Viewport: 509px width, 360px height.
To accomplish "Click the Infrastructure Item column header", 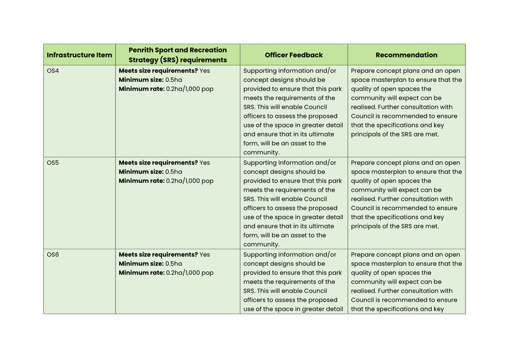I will tap(80, 55).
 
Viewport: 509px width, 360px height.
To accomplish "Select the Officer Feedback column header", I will tap(293, 55).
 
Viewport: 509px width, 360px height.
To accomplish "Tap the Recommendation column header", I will tap(406, 55).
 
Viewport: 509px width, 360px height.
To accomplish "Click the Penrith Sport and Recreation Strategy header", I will tap(178, 55).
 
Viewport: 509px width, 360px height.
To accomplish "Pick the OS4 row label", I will tap(53, 71).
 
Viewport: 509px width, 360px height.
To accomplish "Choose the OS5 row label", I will tap(53, 163).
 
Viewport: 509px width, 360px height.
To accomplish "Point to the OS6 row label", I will tap(53, 255).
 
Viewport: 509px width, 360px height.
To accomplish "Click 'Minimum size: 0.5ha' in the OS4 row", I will tap(150, 80).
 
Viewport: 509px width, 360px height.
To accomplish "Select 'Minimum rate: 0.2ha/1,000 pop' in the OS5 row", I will tap(166, 181).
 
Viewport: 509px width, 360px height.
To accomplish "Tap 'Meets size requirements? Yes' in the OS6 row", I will tap(164, 255).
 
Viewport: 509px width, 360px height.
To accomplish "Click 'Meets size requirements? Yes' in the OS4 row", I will tap(164, 71).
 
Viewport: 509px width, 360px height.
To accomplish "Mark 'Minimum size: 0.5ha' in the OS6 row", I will tap(150, 263).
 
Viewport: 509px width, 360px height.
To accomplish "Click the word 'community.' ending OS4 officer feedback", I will tap(261, 153).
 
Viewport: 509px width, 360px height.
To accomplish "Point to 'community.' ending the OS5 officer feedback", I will tap(261, 244).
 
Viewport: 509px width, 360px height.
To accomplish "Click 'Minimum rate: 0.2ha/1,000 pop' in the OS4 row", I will tap(166, 89).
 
